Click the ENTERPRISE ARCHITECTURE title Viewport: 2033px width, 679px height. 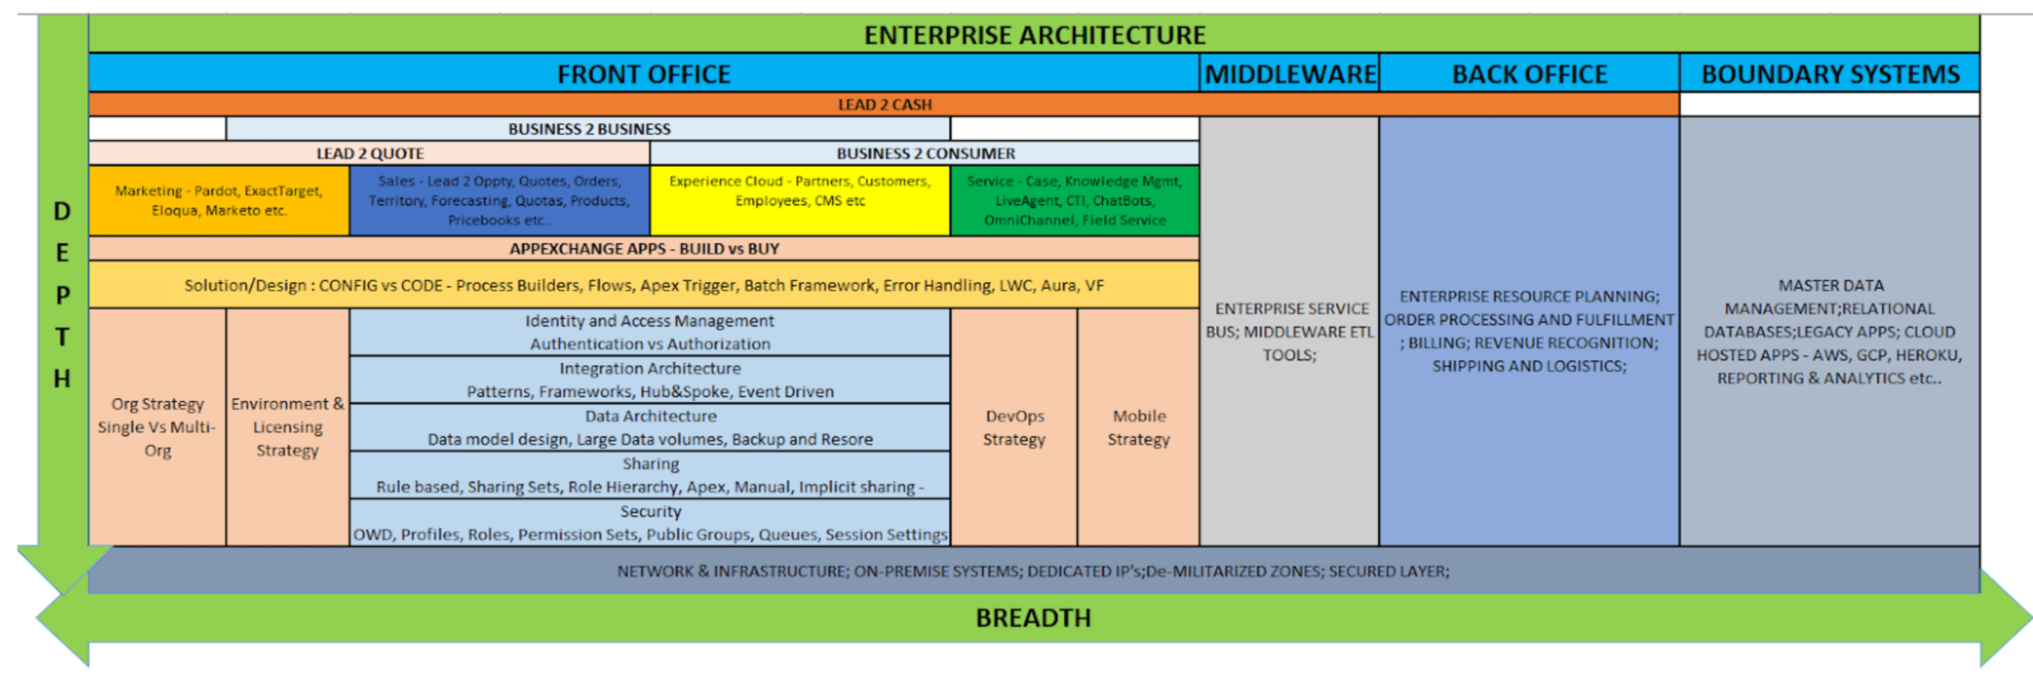click(x=1034, y=35)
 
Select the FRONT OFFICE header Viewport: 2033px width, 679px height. click(x=643, y=74)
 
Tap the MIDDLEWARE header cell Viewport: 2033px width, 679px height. click(x=1289, y=74)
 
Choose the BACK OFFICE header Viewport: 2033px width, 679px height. click(x=1529, y=74)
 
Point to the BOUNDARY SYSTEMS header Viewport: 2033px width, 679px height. click(x=1830, y=74)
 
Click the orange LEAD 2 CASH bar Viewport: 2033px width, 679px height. click(x=883, y=104)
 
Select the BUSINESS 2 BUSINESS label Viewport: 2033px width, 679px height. click(x=589, y=129)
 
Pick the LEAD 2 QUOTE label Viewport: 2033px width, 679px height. click(x=369, y=154)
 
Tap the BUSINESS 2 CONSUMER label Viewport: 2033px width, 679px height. click(x=925, y=154)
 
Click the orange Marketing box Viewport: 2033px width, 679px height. click(x=218, y=201)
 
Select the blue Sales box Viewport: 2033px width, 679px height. click(x=499, y=201)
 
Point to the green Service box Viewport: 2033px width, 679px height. click(x=1075, y=201)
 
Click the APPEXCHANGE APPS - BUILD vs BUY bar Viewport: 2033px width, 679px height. click(x=643, y=249)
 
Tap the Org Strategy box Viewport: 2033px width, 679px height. click(x=157, y=427)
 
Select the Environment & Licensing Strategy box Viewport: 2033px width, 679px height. click(x=288, y=427)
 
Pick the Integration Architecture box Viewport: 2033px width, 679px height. click(x=650, y=380)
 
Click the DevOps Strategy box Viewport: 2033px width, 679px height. click(x=1014, y=427)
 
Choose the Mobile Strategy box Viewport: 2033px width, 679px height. click(x=1139, y=427)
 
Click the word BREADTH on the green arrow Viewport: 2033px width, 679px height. click(x=1032, y=618)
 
